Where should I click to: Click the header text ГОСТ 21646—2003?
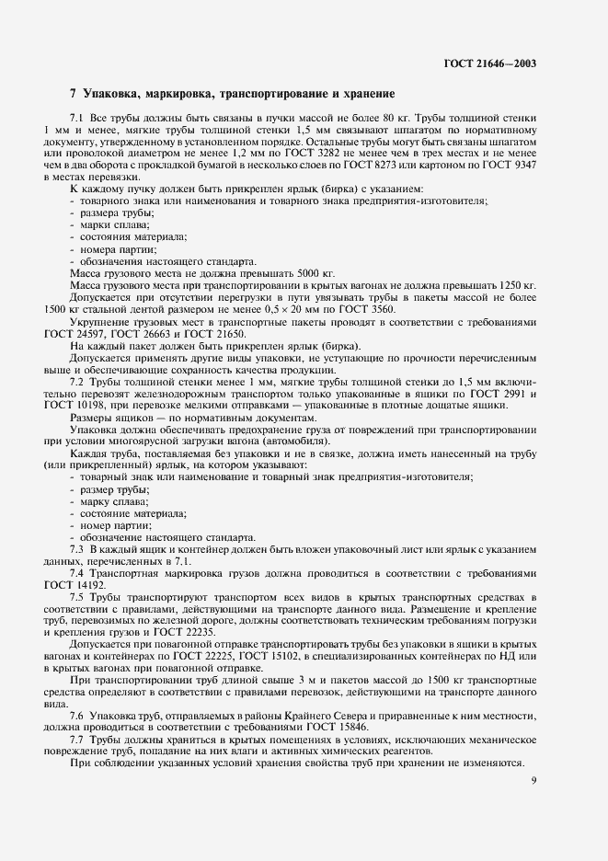point(489,64)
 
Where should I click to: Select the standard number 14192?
point(95,583)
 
